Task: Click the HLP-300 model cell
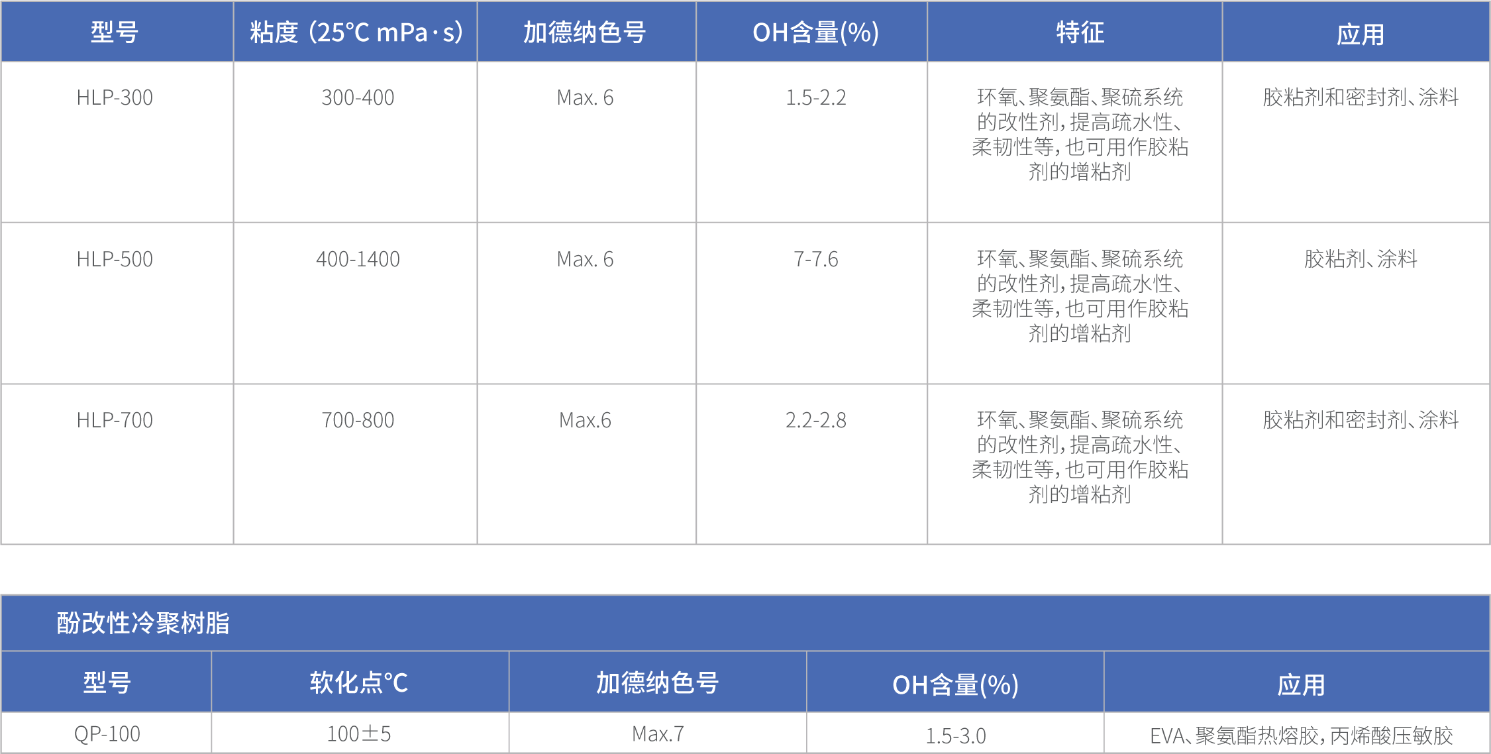(115, 98)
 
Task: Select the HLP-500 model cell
(115, 259)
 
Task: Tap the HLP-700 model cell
(115, 420)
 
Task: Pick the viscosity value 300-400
(358, 98)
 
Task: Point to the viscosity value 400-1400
(358, 259)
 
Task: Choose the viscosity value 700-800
(358, 420)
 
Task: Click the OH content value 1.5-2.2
(815, 98)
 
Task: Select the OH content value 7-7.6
(815, 259)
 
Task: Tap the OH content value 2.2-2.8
(815, 420)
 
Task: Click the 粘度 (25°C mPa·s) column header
(356, 32)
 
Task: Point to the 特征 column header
(1080, 32)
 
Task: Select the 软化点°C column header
(358, 683)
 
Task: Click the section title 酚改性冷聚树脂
(143, 623)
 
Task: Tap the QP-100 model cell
(107, 734)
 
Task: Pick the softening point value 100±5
(358, 734)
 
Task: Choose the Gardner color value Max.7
(658, 734)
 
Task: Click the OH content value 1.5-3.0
(955, 735)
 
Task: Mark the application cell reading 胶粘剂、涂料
(1361, 259)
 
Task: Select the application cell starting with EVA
(1301, 735)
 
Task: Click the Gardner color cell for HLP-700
(585, 420)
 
